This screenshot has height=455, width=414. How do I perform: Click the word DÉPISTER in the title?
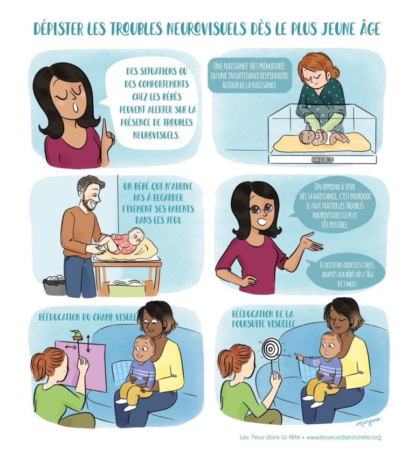tap(58, 29)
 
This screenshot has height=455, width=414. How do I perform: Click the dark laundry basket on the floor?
tap(54, 285)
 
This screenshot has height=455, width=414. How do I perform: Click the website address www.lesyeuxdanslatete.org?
tap(343, 437)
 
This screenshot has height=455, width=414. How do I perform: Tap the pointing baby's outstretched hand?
tap(299, 356)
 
